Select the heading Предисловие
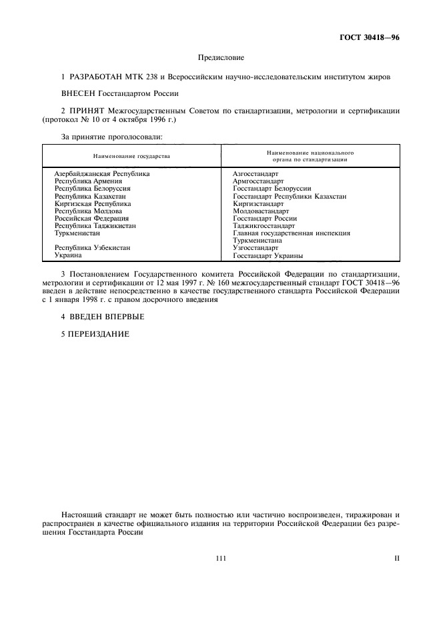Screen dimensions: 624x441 coord(220,59)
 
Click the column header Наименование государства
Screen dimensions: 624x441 coord(131,156)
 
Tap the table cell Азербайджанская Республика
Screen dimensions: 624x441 coord(101,173)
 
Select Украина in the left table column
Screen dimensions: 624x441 coord(68,255)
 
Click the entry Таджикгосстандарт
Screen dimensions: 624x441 coord(264,225)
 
